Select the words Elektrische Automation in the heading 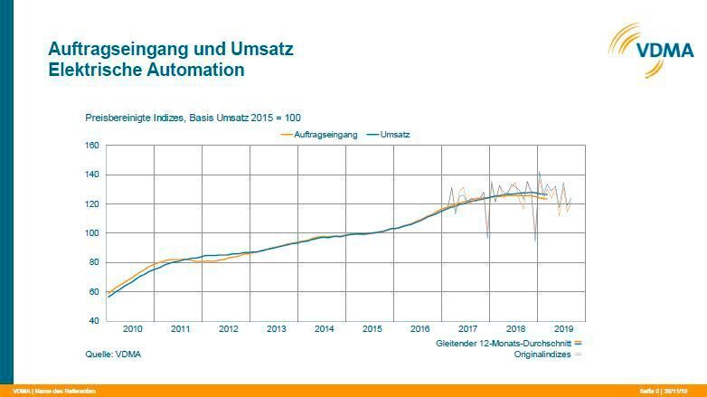[146, 69]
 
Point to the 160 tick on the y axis [91, 146]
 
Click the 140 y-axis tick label [91, 175]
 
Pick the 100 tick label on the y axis [91, 233]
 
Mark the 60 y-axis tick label [93, 292]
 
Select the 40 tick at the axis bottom [93, 321]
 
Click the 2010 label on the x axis [132, 329]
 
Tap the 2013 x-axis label [276, 329]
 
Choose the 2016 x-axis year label [419, 329]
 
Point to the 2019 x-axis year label [563, 329]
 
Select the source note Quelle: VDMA [113, 354]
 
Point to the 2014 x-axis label [324, 329]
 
